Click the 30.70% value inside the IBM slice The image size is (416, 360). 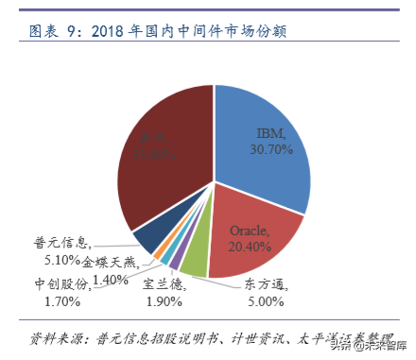(x=270, y=149)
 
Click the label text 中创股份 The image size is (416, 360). (x=63, y=283)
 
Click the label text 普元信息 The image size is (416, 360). (x=61, y=242)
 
